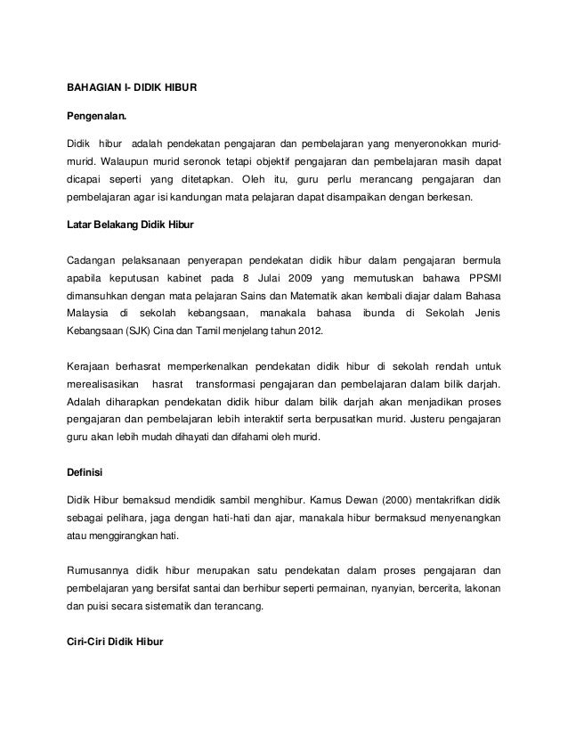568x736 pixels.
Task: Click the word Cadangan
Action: pos(93,259)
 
